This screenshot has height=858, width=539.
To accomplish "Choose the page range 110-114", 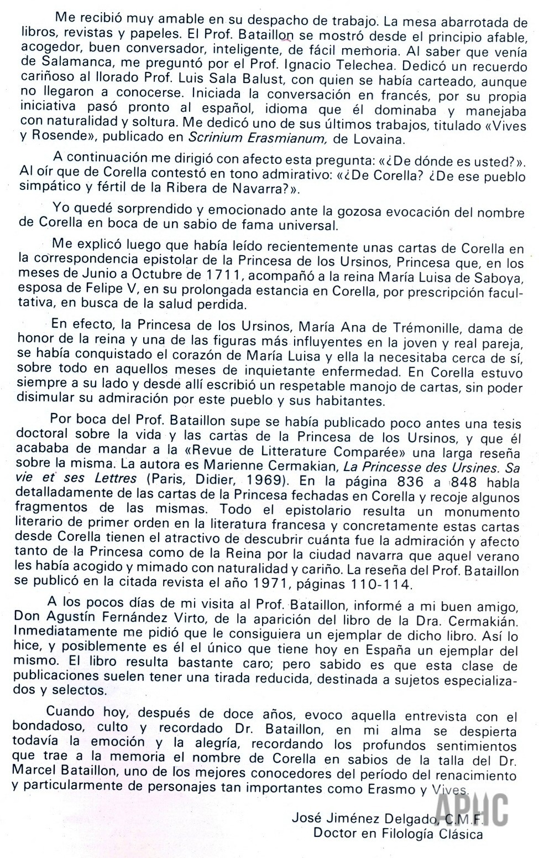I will tap(379, 583).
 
